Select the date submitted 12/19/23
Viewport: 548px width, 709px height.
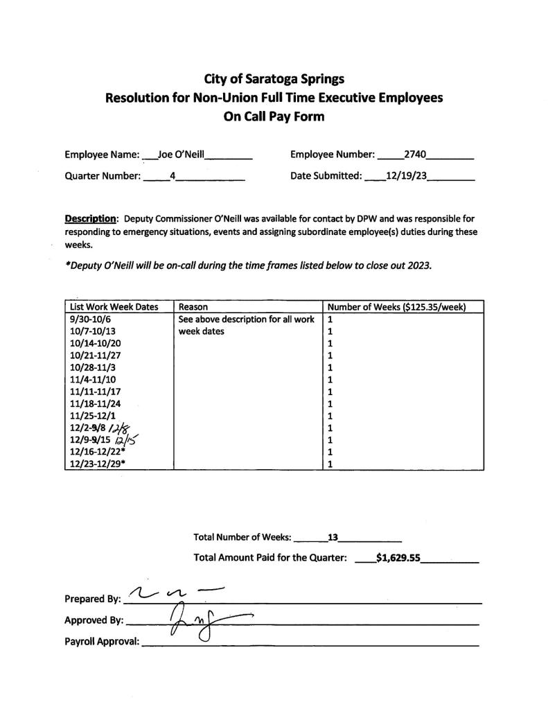(406, 176)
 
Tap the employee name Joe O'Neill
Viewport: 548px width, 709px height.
(182, 155)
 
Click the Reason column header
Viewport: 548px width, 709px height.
(193, 306)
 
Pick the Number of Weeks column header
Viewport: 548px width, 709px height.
(395, 306)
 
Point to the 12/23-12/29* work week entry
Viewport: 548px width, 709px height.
(97, 464)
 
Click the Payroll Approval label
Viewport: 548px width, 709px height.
(101, 642)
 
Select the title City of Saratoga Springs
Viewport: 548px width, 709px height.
(274, 79)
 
